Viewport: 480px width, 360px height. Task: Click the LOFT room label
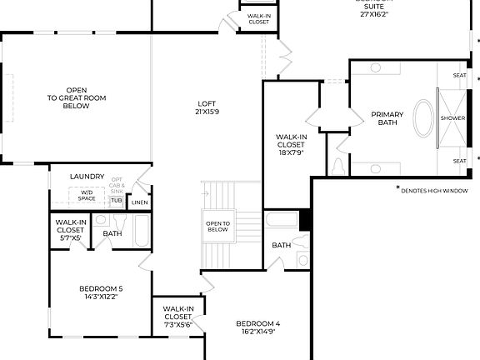click(x=207, y=102)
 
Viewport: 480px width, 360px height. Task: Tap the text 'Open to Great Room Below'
click(x=76, y=98)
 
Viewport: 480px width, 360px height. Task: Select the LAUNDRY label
click(x=87, y=177)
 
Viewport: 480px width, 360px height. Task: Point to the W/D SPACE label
click(x=87, y=196)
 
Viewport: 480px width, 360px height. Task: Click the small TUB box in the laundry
click(x=116, y=201)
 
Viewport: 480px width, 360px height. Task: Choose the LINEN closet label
click(x=140, y=202)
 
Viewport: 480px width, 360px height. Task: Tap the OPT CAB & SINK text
click(x=117, y=185)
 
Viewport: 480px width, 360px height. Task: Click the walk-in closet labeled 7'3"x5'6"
click(x=178, y=317)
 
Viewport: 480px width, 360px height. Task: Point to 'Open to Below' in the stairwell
click(x=218, y=226)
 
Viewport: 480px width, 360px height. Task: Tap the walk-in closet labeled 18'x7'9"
click(x=291, y=144)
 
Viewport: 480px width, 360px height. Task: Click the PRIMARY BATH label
click(x=387, y=118)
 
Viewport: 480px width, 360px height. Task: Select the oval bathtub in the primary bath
click(x=424, y=117)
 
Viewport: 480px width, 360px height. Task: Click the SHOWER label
click(x=452, y=118)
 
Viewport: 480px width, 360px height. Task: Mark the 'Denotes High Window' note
click(x=434, y=190)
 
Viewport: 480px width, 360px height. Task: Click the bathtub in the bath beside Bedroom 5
click(x=142, y=234)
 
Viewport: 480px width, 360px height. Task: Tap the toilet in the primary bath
click(x=337, y=166)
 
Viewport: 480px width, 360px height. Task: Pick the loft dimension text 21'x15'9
click(x=207, y=112)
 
